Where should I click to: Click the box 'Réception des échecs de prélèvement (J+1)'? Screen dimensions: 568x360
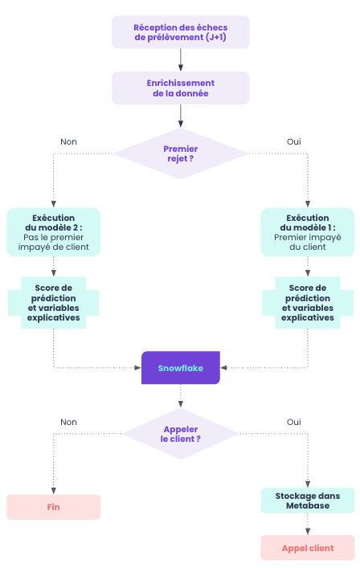(180, 32)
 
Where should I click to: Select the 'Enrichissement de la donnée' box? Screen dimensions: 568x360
(180, 88)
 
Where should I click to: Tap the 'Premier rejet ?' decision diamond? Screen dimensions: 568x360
(180, 153)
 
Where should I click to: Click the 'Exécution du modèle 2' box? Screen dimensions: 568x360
(54, 232)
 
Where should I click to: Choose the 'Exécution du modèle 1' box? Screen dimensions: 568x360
(307, 232)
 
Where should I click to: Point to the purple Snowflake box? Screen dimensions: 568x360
(180, 368)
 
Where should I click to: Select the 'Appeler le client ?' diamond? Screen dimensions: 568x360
(180, 434)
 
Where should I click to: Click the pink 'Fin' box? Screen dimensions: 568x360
(54, 507)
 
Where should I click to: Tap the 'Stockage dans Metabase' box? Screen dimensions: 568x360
(307, 501)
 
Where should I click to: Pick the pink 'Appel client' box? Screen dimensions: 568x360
(307, 548)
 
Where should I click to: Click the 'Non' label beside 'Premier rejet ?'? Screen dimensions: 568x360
(69, 141)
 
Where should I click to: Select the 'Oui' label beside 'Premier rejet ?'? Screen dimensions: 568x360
(294, 141)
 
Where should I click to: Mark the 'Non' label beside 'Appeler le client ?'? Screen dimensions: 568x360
(69, 422)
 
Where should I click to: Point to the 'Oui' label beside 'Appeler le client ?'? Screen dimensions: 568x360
(294, 422)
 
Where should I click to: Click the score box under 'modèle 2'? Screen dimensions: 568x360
(54, 302)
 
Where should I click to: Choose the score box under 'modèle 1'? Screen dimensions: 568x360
(307, 302)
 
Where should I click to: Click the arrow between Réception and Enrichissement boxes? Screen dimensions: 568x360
(180, 60)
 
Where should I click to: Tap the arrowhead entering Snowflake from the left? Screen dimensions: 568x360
(137, 368)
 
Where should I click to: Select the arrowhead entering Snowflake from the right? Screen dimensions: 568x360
(224, 368)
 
